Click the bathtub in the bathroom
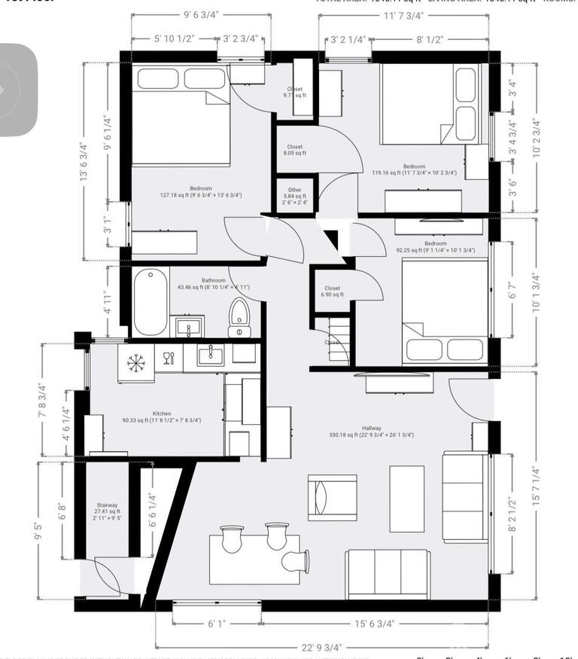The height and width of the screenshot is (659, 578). tap(151, 303)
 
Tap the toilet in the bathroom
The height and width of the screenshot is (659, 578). tap(239, 318)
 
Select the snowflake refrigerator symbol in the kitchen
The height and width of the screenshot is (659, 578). tap(135, 363)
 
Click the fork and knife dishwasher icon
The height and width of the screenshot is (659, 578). tap(168, 357)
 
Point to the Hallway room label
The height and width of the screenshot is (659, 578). tap(371, 432)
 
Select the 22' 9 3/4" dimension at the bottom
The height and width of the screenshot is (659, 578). tap(321, 646)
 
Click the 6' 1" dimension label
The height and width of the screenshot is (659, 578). tap(217, 624)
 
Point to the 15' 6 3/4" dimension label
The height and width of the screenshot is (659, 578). tap(376, 624)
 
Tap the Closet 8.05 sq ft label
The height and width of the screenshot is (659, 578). tap(294, 150)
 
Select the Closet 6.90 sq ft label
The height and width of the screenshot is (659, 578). tap(332, 291)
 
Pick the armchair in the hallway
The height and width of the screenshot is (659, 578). tap(332, 497)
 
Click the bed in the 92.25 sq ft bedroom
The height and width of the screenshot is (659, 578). tap(444, 310)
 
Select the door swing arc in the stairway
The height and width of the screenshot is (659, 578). tap(105, 576)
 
